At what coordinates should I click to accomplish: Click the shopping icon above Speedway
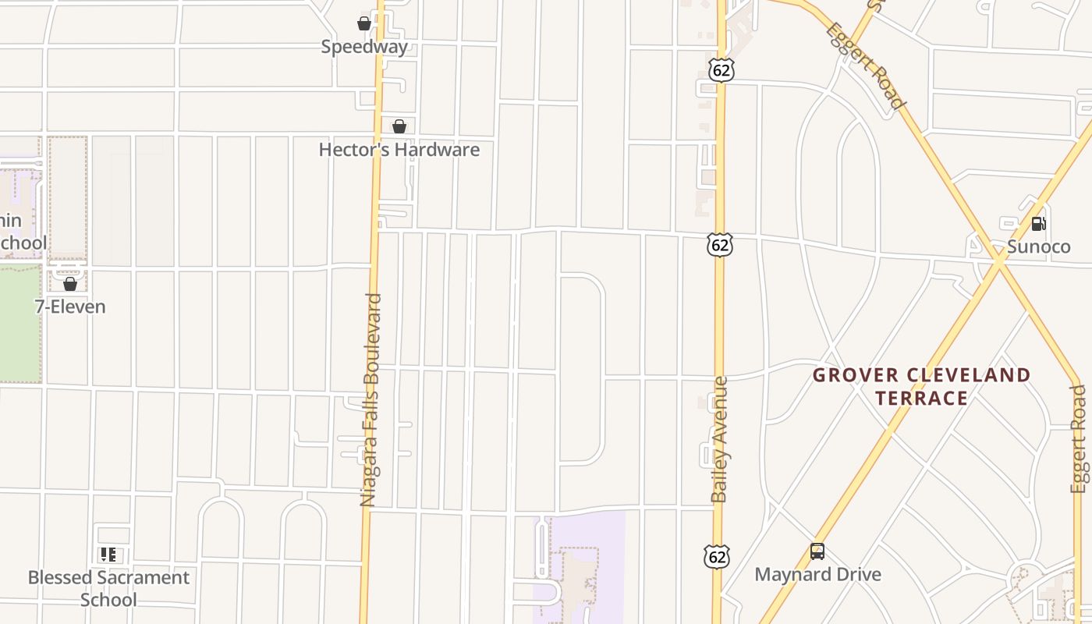coord(364,23)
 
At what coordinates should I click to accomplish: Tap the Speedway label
coord(364,47)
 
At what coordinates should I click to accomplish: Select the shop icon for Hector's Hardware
coord(399,126)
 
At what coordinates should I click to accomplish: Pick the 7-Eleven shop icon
coord(70,284)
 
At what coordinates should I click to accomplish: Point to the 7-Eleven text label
coord(70,307)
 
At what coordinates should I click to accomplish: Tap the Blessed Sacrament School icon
coord(108,555)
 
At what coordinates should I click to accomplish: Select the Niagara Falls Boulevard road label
coord(373,399)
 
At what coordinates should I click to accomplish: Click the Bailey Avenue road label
coord(720,439)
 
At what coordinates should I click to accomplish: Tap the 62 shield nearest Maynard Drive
coord(717,557)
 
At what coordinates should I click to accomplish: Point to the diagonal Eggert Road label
coord(866,66)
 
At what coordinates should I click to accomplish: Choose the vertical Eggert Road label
coord(1079,439)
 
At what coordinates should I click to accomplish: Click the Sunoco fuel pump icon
coord(1038,224)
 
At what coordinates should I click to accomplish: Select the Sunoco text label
coord(1038,247)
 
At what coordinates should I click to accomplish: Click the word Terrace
coord(921,399)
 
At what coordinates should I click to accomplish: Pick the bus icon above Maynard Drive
coord(817,551)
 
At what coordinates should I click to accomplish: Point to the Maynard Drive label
coord(817,575)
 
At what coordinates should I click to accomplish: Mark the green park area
coord(19,324)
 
